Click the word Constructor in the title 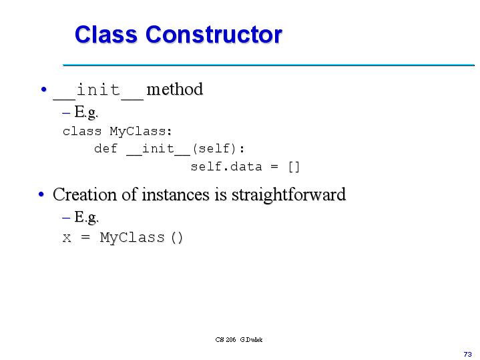[x=214, y=35]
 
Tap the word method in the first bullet [x=174, y=89]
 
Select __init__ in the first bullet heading [x=98, y=89]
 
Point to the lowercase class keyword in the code [x=81, y=131]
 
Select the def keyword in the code [x=105, y=148]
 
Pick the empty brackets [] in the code [x=294, y=166]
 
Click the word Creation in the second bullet [x=81, y=195]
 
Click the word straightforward [x=288, y=195]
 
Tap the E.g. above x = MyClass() [x=86, y=217]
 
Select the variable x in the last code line [x=67, y=238]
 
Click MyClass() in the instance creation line [x=141, y=238]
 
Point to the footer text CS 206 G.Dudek [x=239, y=339]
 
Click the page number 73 [x=467, y=353]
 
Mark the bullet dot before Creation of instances [x=41, y=195]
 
